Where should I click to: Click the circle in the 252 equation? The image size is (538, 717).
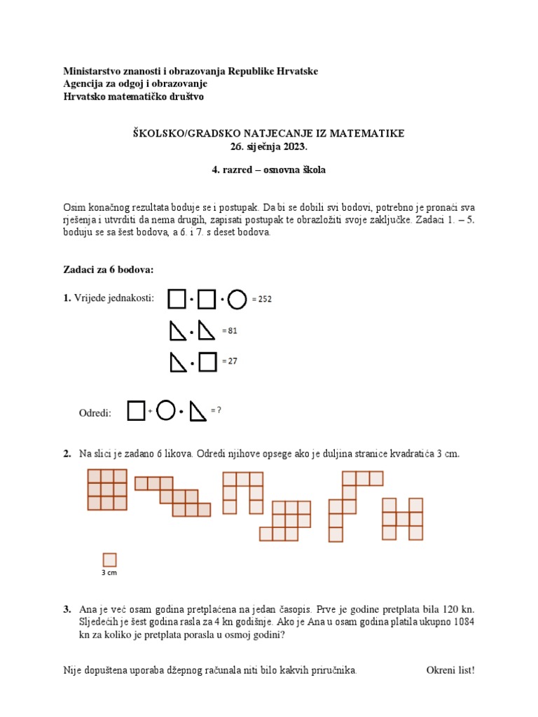(x=237, y=300)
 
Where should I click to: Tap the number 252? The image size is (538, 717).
(x=264, y=300)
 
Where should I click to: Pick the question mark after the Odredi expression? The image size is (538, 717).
(x=219, y=410)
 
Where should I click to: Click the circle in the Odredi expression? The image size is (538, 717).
(x=165, y=411)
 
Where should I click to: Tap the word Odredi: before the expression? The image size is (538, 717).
(x=95, y=413)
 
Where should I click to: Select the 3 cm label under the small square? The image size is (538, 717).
(x=109, y=572)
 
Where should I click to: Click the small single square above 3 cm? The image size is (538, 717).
(x=109, y=559)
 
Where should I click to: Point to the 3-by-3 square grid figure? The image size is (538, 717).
(x=106, y=489)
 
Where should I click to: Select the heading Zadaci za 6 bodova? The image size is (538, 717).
(x=108, y=270)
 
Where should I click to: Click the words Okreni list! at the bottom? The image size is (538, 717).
(x=450, y=670)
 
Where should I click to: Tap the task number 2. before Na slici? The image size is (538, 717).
(x=67, y=454)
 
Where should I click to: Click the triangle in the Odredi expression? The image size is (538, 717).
(x=198, y=412)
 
